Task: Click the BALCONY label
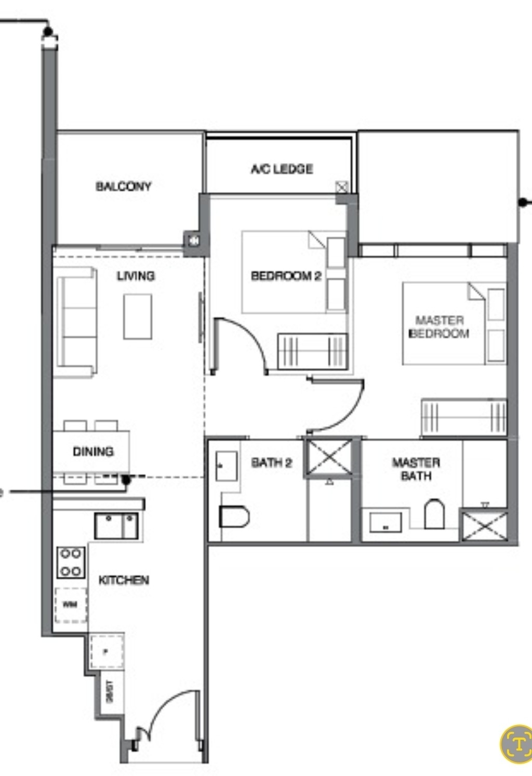[123, 186]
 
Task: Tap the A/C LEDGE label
[282, 169]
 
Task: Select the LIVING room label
[136, 276]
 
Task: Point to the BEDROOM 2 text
[286, 276]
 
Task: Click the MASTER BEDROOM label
[439, 327]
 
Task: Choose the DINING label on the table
[93, 451]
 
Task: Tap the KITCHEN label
[124, 580]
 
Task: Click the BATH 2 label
[271, 462]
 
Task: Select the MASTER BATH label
[416, 469]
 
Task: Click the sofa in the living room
[77, 322]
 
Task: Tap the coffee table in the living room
[138, 317]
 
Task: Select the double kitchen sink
[116, 526]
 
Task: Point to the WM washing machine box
[71, 605]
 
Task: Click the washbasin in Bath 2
[227, 466]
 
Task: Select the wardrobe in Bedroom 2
[312, 351]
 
